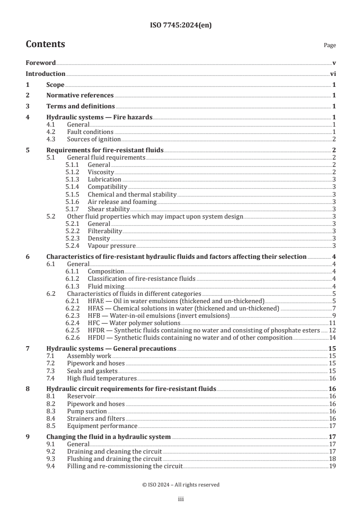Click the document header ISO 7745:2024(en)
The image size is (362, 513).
(x=181, y=26)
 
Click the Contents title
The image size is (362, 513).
(x=45, y=44)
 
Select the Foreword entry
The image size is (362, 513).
(x=41, y=63)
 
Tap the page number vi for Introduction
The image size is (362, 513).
(x=333, y=74)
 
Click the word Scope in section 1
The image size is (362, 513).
(x=55, y=85)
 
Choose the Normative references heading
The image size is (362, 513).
(x=80, y=95)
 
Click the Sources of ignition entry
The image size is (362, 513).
(x=94, y=139)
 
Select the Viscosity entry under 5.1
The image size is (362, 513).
(x=100, y=172)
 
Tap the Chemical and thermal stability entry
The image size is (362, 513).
(x=132, y=194)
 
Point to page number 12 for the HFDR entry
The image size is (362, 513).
(x=333, y=330)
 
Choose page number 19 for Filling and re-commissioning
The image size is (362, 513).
(x=333, y=466)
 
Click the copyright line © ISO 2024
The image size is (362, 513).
(x=181, y=485)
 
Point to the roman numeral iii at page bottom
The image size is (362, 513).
(x=181, y=500)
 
